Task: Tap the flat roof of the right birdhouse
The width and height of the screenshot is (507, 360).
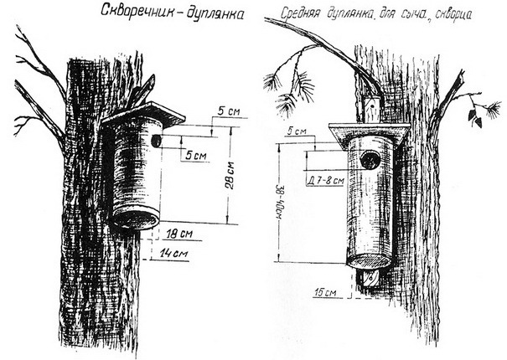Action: tap(370, 131)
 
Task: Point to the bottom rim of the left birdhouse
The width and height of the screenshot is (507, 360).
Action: tap(135, 220)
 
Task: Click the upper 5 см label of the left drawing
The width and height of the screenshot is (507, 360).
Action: tap(222, 111)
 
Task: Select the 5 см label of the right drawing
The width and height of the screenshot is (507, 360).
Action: tap(296, 131)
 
